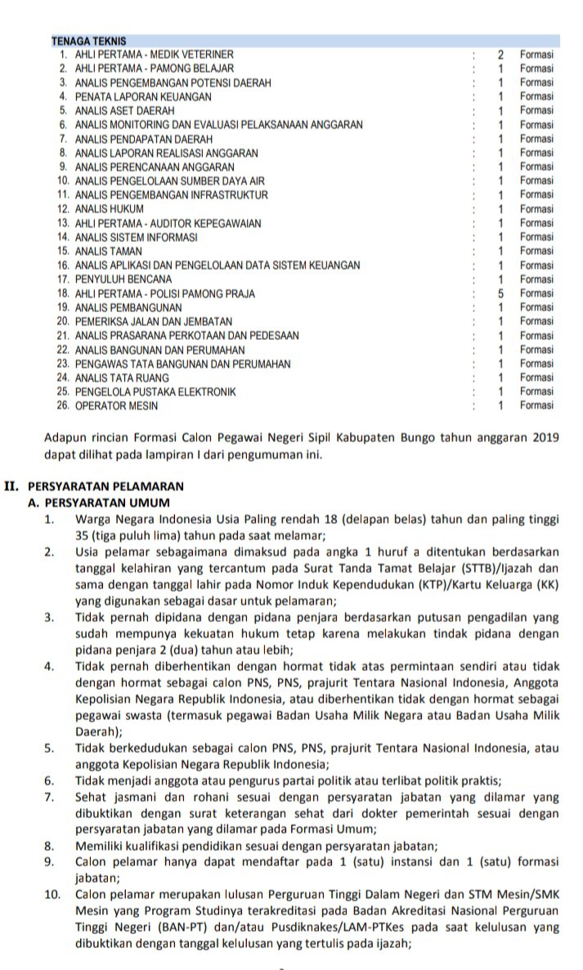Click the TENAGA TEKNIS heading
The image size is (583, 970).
[88, 40]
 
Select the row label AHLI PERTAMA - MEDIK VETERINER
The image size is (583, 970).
[155, 54]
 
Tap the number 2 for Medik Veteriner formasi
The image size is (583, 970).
[500, 54]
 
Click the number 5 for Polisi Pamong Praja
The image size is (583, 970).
[500, 293]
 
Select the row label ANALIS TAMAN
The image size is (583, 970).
[108, 251]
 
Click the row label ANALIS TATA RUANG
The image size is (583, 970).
[122, 378]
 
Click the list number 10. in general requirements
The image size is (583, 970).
[53, 893]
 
